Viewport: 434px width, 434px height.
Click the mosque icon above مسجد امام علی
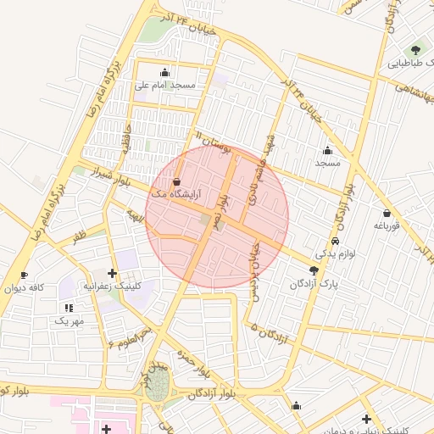(164, 72)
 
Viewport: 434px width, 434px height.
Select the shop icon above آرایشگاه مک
(176, 181)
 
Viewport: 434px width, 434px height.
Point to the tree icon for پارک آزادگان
(314, 271)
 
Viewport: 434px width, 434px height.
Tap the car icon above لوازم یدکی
(337, 241)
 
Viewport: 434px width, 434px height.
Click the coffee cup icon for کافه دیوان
(24, 275)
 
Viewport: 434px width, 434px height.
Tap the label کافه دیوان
(25, 288)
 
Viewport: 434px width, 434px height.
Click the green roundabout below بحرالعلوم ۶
(156, 388)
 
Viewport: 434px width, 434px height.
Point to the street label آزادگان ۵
(270, 332)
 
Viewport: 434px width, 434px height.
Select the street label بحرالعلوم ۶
(128, 336)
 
